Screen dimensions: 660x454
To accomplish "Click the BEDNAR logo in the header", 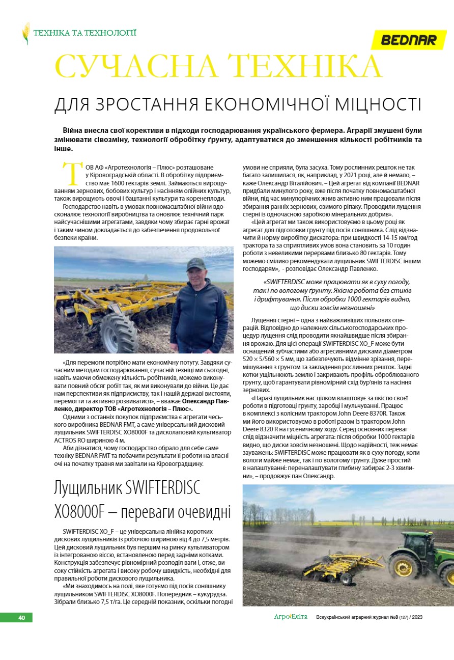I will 409,40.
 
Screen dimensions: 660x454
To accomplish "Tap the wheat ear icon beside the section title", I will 25,33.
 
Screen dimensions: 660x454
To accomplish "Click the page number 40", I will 21,618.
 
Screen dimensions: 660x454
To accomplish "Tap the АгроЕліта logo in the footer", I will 291,617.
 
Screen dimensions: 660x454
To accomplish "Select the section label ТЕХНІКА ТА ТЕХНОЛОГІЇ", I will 84,33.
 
